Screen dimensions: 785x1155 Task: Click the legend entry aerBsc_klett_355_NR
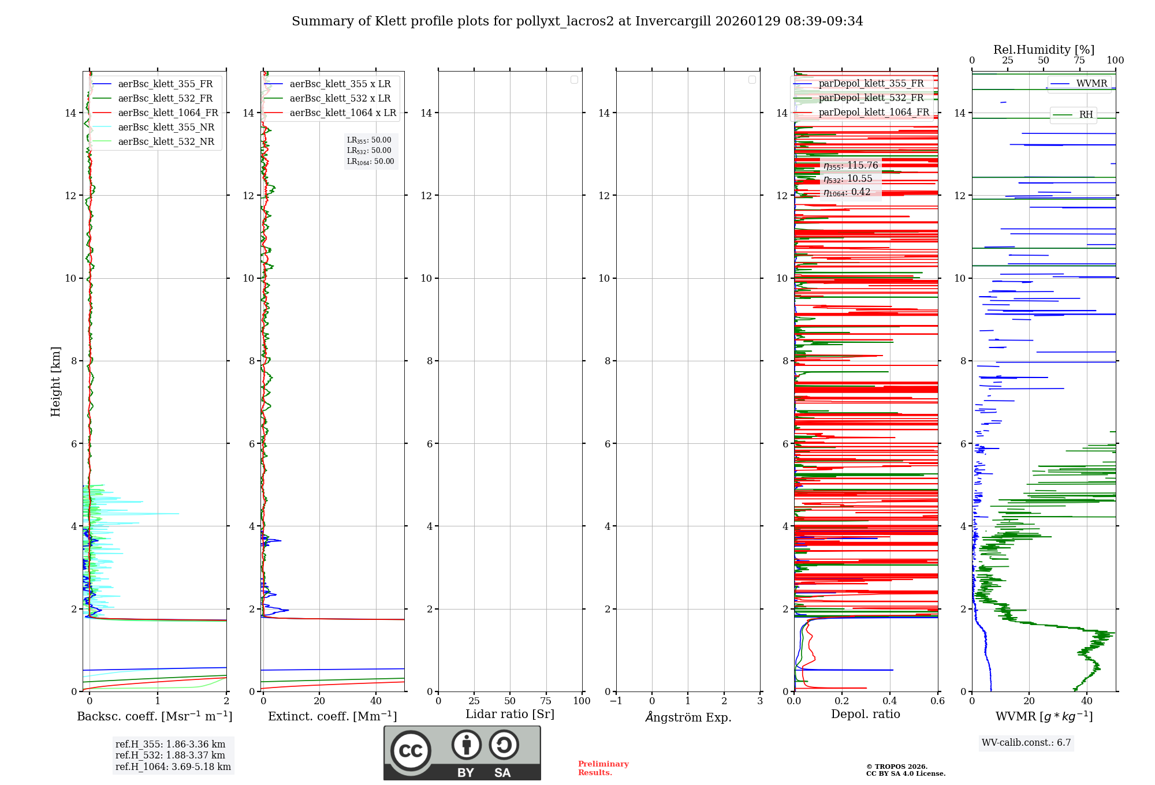point(166,127)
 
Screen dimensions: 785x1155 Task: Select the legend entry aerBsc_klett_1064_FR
point(168,113)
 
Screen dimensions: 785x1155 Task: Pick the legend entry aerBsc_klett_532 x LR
point(340,98)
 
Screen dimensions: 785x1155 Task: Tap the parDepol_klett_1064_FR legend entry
point(874,112)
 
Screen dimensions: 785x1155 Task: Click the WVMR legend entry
point(1091,83)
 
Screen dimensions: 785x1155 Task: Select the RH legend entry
point(1086,114)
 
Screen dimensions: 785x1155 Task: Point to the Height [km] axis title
point(55,381)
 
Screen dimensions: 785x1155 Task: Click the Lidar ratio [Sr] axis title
point(510,714)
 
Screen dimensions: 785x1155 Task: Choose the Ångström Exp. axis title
point(688,717)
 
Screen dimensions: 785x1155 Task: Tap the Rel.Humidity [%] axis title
point(1044,50)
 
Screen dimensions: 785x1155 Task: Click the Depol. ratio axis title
point(865,714)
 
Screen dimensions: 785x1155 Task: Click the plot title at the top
point(577,21)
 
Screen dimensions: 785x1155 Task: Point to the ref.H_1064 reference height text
point(173,767)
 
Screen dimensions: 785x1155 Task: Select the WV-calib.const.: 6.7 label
point(1026,742)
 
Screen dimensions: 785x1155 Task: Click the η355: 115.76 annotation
point(851,166)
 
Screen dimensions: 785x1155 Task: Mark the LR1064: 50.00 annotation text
point(370,162)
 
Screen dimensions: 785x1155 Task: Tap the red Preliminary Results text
point(603,768)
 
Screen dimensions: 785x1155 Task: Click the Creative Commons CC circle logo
point(411,750)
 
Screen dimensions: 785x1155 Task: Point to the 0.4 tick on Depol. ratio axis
point(890,701)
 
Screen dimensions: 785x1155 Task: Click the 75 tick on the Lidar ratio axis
point(546,701)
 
